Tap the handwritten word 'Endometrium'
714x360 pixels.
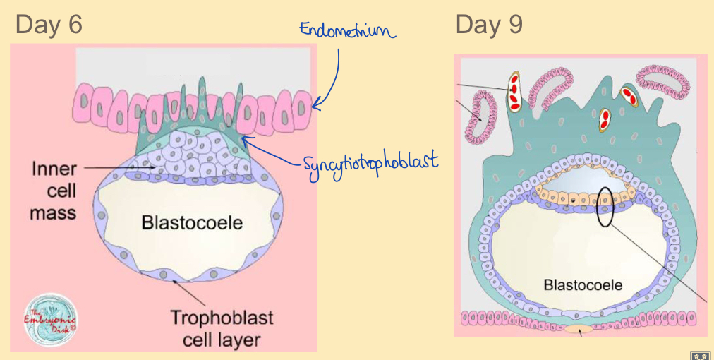(x=346, y=30)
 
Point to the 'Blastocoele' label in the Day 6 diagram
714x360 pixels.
(x=192, y=223)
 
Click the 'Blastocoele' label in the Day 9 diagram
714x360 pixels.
(x=583, y=285)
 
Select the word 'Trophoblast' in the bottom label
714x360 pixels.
(x=222, y=317)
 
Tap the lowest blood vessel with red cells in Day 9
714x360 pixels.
(x=604, y=121)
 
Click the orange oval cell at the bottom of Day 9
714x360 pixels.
(x=582, y=330)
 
